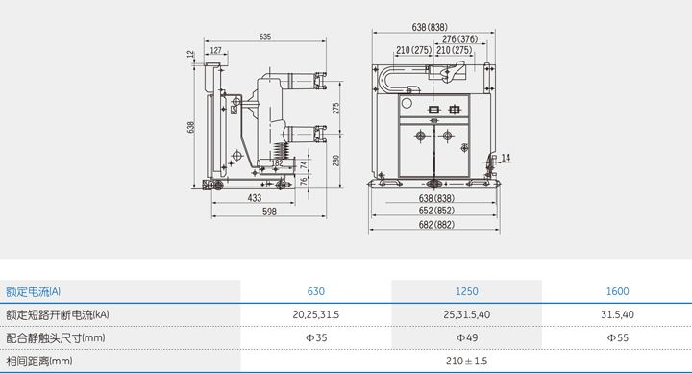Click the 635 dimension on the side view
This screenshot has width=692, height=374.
265,37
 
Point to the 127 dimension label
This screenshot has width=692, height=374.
216,50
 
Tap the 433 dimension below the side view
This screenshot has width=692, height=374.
254,198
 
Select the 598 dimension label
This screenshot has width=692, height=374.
269,212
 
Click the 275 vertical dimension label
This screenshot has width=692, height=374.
336,109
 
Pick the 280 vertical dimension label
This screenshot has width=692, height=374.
336,161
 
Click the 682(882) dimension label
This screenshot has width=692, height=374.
436,225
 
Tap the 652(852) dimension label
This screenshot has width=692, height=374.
436,211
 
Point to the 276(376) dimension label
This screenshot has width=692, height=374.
459,39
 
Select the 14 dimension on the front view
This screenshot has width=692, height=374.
506,158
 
